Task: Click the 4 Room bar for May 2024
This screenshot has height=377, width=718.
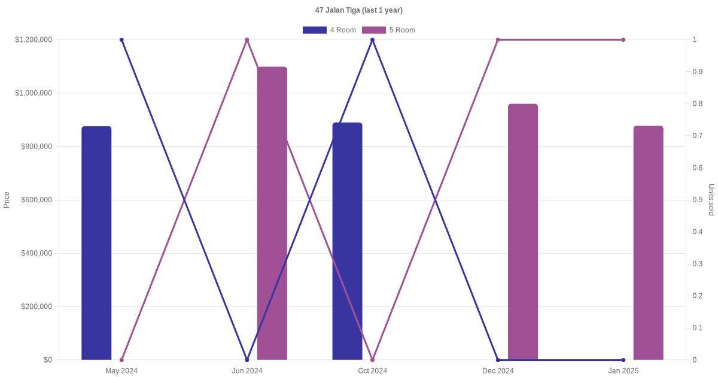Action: point(96,243)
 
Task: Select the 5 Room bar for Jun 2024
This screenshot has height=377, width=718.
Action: point(272,213)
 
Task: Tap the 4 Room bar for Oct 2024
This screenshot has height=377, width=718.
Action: point(347,241)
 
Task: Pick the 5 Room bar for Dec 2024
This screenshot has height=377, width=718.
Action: point(523,232)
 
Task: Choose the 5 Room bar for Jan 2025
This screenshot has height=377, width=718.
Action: point(648,242)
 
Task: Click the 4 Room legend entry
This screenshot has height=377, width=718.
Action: point(330,30)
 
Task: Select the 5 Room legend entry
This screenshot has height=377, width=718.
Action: point(389,30)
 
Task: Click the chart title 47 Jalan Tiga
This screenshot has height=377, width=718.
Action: point(359,10)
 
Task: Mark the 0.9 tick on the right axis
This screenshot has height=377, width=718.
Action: point(698,72)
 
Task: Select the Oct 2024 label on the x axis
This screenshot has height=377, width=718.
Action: point(372,371)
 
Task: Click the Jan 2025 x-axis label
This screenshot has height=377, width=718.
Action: point(623,371)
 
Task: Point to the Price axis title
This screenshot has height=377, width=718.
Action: point(7,200)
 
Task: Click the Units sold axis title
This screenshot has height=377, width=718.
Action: point(711,200)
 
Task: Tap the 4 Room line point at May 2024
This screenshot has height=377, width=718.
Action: point(121,40)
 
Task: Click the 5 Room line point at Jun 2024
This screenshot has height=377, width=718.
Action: point(247,40)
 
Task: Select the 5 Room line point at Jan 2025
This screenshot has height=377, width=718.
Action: point(623,40)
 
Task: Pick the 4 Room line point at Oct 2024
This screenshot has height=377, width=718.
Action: point(372,40)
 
